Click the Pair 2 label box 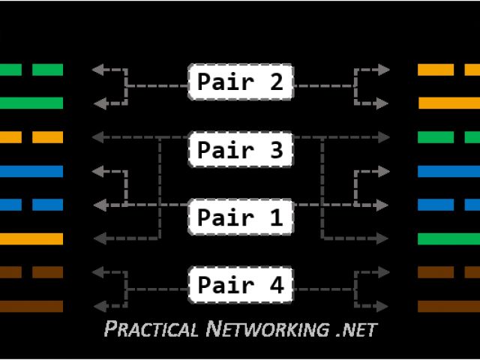[x=240, y=82]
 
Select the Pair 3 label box [x=240, y=150]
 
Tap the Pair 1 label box [x=240, y=217]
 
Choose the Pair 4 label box [x=240, y=285]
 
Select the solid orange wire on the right [x=448, y=103]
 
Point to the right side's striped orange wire [x=448, y=70]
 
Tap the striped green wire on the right [x=448, y=137]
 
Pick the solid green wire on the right [x=448, y=238]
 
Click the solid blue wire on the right [x=448, y=171]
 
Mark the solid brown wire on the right [x=448, y=306]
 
